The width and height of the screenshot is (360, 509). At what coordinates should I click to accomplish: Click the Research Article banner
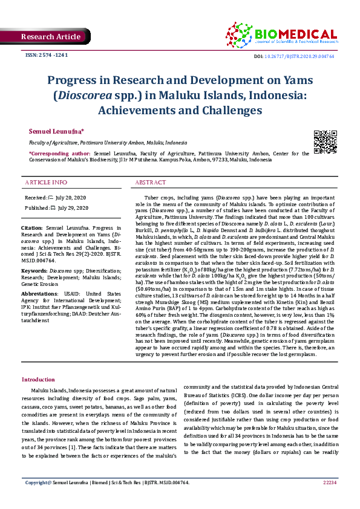[x=51, y=37]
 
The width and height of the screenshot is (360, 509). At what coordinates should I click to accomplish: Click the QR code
[x=324, y=141]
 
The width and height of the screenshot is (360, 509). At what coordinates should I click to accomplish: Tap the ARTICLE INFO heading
[x=47, y=182]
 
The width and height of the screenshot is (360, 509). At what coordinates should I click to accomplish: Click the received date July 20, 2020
[x=71, y=198]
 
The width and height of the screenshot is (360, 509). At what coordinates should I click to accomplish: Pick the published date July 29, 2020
[x=73, y=208]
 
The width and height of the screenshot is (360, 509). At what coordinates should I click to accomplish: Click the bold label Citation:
[x=35, y=228]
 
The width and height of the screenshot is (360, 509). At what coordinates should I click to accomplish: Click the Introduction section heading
[x=38, y=379]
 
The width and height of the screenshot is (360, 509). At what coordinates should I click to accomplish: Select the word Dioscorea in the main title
[x=83, y=95]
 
